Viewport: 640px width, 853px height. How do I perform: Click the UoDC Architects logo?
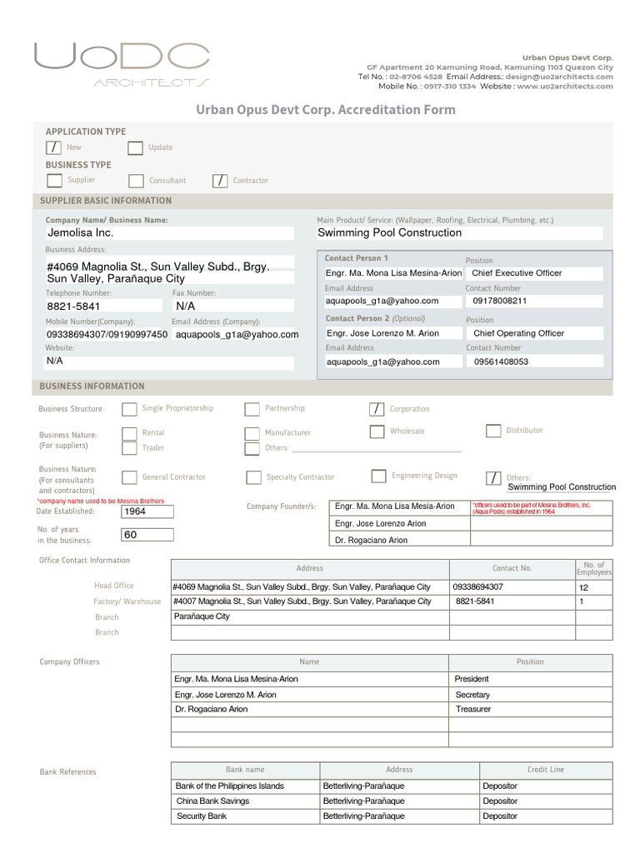coord(122,64)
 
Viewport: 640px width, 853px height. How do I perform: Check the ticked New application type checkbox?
coord(53,147)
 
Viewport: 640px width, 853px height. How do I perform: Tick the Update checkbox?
coord(135,148)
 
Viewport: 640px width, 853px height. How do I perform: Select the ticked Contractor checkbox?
coord(220,181)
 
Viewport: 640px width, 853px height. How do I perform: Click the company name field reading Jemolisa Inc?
coord(170,233)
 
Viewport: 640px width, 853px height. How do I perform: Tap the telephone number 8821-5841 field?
coord(105,307)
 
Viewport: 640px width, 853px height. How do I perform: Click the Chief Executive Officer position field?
coord(534,273)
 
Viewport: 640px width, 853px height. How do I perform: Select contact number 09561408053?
coord(534,362)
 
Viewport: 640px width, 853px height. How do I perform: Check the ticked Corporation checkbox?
coord(377,409)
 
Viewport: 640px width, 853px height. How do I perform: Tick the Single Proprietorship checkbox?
coord(129,409)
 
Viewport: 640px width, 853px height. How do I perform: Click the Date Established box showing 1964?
coord(147,511)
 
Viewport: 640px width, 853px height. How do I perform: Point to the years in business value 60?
coord(147,535)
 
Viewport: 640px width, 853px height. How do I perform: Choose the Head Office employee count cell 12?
coord(593,587)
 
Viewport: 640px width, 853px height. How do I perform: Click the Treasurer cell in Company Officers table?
coord(531,710)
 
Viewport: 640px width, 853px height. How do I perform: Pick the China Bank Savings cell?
coord(245,801)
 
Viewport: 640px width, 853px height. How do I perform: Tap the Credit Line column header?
coord(545,770)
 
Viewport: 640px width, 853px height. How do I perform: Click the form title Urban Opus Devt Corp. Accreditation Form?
coord(326,110)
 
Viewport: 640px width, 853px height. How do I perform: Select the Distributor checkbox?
coord(492,431)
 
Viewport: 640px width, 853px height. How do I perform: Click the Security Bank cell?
coord(245,816)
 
